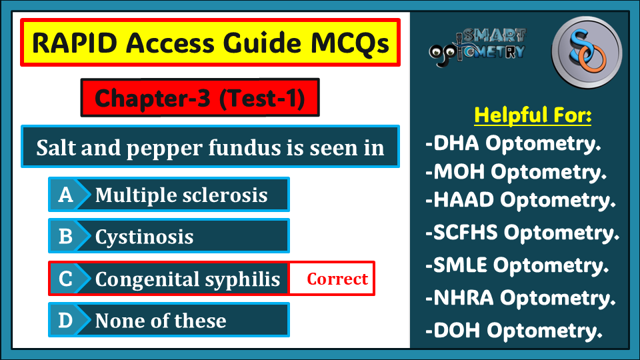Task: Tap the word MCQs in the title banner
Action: [x=350, y=43]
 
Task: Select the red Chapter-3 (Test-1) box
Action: [x=200, y=97]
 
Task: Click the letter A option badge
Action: [x=66, y=194]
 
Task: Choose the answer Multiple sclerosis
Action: [x=181, y=195]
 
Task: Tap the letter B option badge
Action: [x=66, y=236]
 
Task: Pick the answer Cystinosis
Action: [x=144, y=237]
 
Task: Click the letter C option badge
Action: [x=66, y=279]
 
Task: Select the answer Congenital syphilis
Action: [x=187, y=279]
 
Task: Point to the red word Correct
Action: [x=337, y=279]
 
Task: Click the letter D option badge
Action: [x=66, y=320]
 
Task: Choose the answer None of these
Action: [x=161, y=321]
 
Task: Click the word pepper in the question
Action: [x=164, y=149]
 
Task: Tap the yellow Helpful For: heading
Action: [x=533, y=115]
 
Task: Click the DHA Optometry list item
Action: [x=513, y=143]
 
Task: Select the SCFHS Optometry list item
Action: [x=522, y=233]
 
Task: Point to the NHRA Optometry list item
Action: [x=521, y=297]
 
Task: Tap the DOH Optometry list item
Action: [x=514, y=330]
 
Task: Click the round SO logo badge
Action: [x=587, y=52]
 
